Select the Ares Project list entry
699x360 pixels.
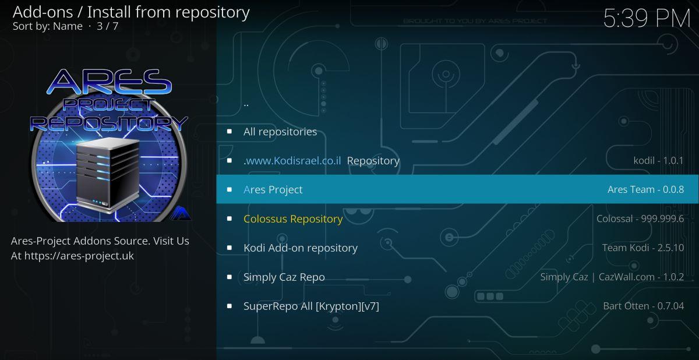coord(273,190)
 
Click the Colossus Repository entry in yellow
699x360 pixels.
coord(293,218)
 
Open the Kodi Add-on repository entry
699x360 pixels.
coord(301,248)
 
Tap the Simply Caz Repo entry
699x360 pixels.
coord(284,277)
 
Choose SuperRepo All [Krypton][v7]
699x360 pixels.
coord(311,306)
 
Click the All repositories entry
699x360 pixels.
coord(280,132)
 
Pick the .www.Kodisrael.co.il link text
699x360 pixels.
coord(292,161)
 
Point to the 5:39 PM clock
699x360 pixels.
coord(647,19)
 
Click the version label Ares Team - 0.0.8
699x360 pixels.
coord(645,189)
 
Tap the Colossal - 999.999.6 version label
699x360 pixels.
coord(640,218)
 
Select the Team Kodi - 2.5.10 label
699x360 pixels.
coord(643,248)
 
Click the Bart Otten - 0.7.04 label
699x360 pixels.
coord(644,306)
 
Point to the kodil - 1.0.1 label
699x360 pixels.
coord(658,160)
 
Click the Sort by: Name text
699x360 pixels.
coord(47,26)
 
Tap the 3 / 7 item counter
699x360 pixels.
coord(107,26)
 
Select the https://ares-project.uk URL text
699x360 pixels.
coord(79,256)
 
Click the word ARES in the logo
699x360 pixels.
coord(109,82)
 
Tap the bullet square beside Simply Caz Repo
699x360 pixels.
coord(230,277)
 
